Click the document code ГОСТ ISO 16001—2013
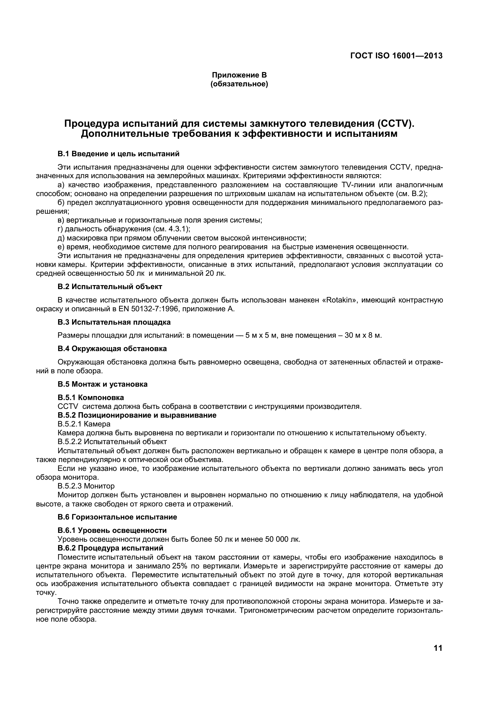396,56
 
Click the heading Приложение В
239,75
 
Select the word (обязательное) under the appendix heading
239,84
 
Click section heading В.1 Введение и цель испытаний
118,154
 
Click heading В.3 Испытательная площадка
114,322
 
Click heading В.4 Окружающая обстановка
112,349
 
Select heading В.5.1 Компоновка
91,397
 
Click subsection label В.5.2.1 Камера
84,424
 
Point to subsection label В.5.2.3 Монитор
86,486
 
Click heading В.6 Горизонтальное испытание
117,517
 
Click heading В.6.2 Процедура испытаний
110,548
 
